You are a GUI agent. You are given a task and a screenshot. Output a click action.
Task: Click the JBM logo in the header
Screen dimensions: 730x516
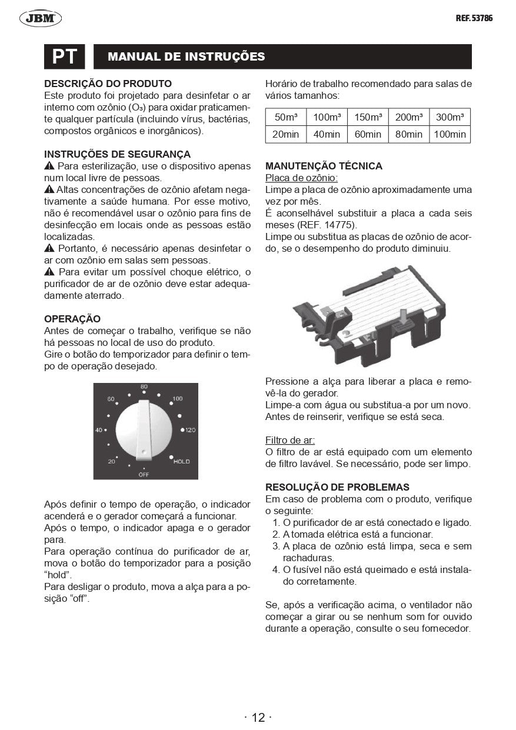(x=41, y=19)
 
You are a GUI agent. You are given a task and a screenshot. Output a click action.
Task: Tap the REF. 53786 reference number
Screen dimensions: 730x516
(x=474, y=18)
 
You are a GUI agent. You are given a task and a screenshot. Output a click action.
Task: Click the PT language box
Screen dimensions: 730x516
(x=65, y=57)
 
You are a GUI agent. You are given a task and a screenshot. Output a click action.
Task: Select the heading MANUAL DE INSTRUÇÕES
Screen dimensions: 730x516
(x=186, y=57)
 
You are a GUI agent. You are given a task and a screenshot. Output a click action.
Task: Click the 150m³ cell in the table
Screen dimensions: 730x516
(x=368, y=117)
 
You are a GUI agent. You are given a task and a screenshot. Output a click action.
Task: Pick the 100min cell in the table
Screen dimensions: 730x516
(x=450, y=134)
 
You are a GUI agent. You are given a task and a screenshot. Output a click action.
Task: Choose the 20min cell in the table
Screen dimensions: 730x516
(x=286, y=134)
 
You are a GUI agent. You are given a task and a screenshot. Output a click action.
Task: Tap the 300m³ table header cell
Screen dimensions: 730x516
(x=450, y=117)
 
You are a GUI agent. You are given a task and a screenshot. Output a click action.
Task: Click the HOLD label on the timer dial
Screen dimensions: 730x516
(x=182, y=462)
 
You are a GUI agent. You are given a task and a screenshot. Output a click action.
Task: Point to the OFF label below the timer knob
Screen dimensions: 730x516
(x=144, y=474)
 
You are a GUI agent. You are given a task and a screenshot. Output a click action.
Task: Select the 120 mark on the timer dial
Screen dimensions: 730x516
(x=190, y=430)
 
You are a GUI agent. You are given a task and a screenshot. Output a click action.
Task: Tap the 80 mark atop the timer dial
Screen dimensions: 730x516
(x=144, y=386)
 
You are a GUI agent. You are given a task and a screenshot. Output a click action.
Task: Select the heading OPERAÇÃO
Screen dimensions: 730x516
(x=72, y=319)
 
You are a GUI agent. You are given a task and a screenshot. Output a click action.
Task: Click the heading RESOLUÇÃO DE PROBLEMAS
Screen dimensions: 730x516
(x=337, y=487)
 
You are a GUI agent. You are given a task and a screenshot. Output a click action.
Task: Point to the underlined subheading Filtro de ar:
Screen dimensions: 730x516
(x=289, y=440)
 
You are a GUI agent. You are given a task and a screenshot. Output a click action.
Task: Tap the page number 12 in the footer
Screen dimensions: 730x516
(x=258, y=717)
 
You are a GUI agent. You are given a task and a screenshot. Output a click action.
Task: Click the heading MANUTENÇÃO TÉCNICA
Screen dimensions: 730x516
(x=324, y=166)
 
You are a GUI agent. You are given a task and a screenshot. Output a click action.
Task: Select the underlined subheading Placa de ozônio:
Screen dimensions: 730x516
(x=301, y=178)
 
